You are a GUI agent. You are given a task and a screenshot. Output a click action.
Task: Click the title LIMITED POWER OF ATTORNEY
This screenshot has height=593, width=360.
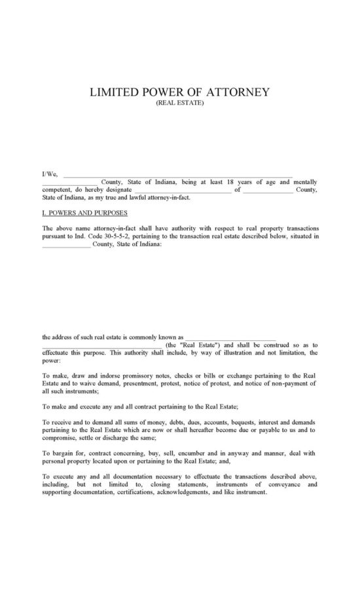179,92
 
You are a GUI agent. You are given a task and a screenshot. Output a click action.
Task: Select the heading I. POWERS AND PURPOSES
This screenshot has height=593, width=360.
84,213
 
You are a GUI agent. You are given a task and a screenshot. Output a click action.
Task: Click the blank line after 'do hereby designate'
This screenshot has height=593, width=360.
182,190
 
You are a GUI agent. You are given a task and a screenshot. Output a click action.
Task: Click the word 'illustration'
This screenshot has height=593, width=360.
223,353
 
